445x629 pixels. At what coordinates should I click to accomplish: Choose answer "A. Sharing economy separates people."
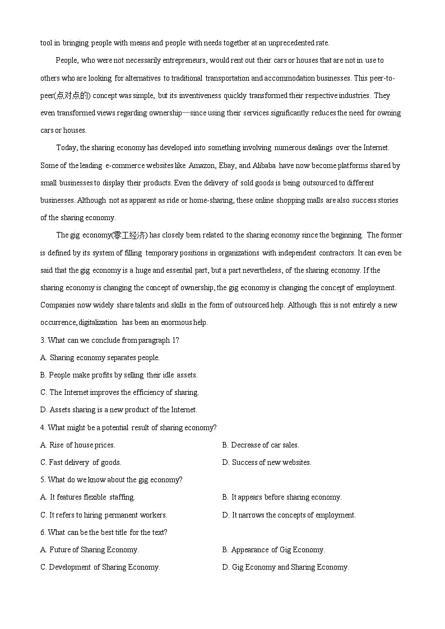tap(100, 357)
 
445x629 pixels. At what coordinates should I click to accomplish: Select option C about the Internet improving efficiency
tap(119, 392)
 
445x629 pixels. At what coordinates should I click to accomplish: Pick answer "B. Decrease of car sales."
tap(261, 445)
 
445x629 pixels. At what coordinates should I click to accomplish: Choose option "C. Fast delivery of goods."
tap(81, 462)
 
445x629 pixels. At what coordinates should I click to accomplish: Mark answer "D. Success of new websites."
tap(267, 462)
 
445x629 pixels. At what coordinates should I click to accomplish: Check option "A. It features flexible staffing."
tap(87, 497)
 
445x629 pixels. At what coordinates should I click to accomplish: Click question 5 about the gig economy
tap(112, 479)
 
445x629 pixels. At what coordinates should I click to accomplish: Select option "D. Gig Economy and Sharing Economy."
tap(285, 567)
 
